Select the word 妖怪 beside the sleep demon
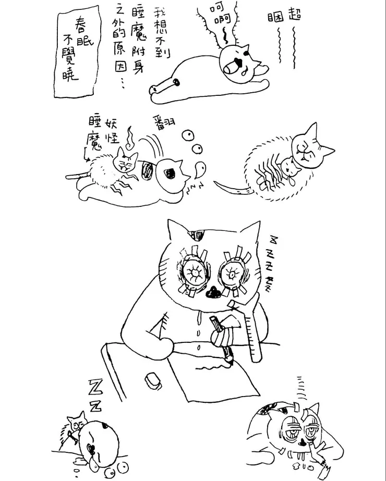pyautogui.click(x=113, y=131)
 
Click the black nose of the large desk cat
pyautogui.click(x=213, y=294)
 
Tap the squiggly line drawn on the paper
pyautogui.click(x=214, y=368)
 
